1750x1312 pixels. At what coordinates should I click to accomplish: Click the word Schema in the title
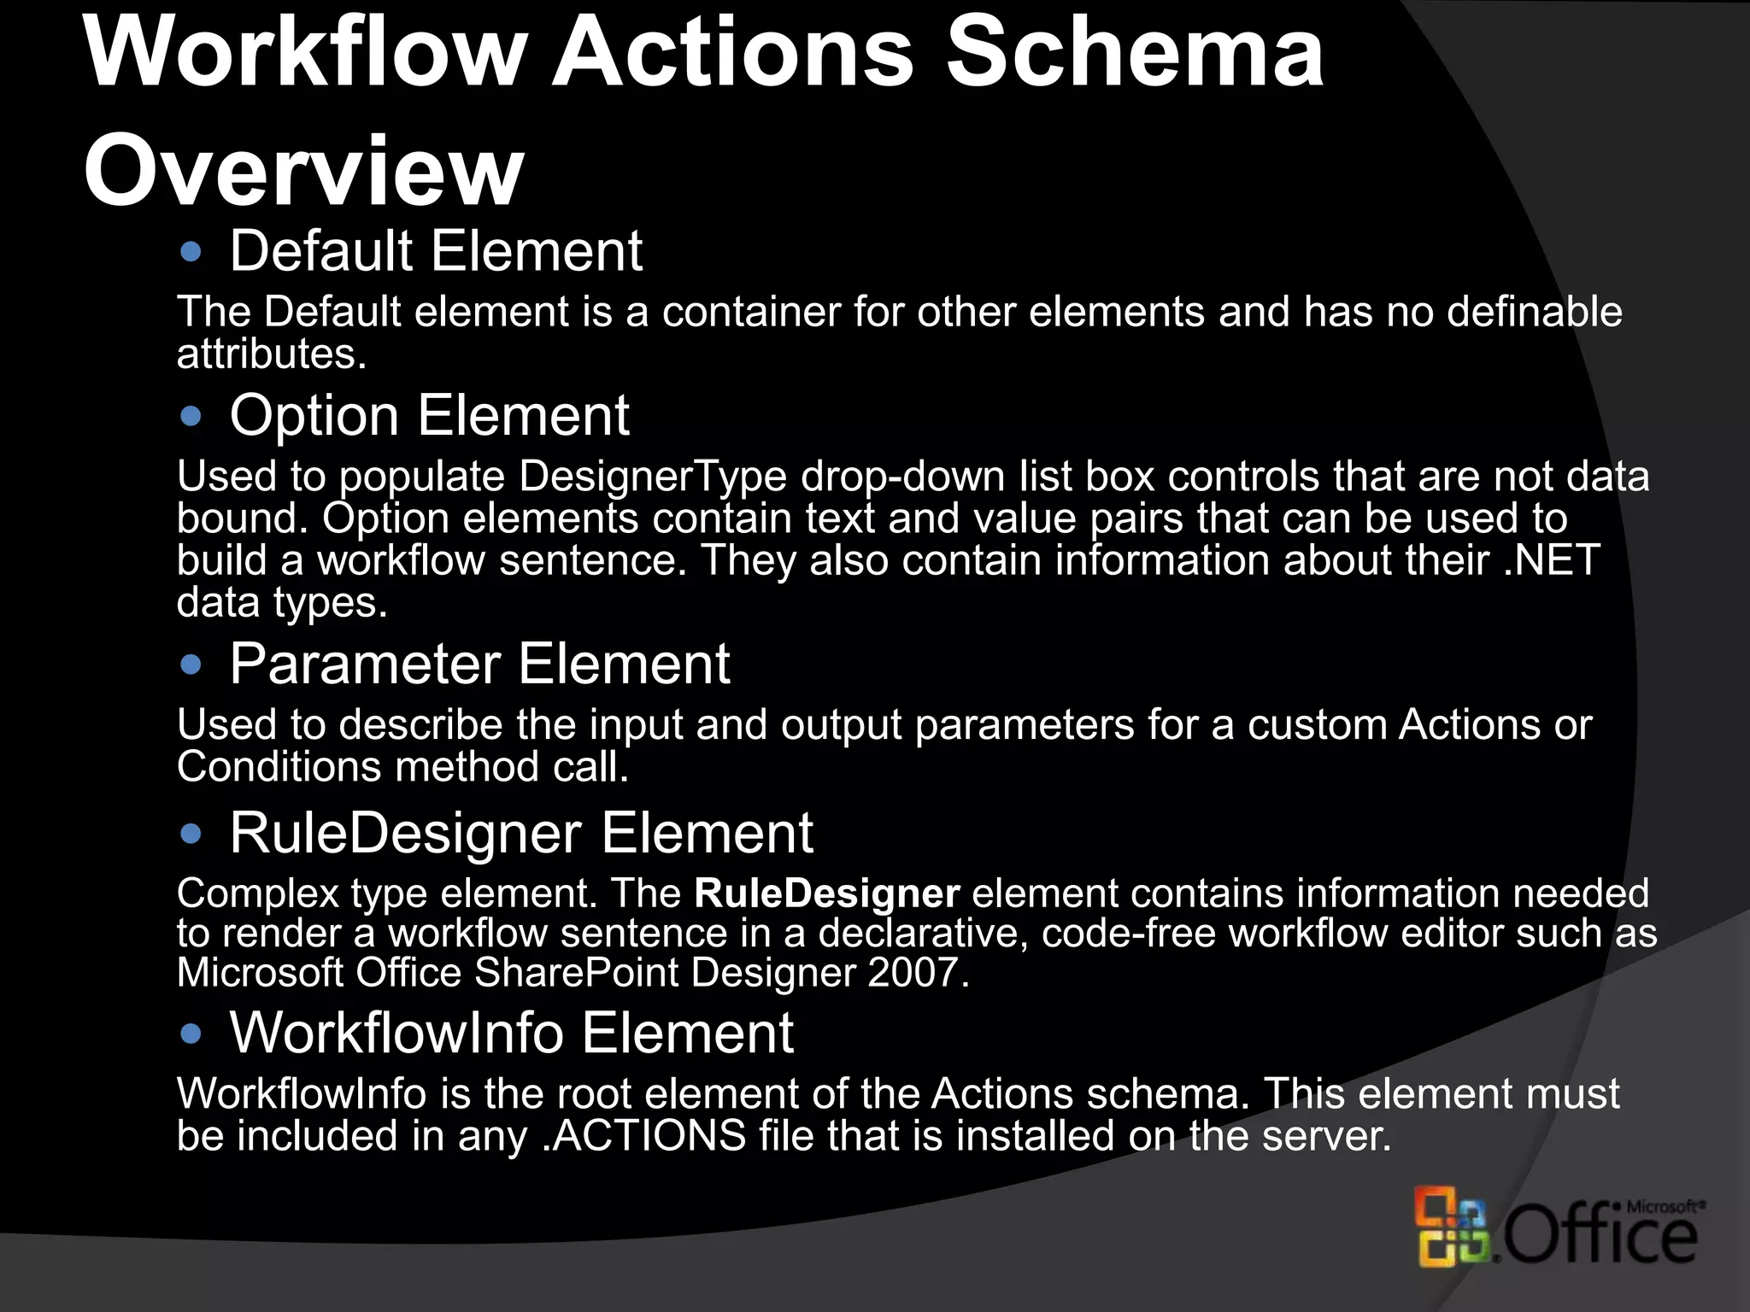[x=1136, y=53]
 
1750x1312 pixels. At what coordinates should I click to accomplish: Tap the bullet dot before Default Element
[x=191, y=252]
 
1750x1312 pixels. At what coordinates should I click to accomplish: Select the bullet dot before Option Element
[x=191, y=417]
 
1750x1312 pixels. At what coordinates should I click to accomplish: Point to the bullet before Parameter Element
[x=191, y=665]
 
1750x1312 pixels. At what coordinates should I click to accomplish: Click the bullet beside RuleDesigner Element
[x=191, y=834]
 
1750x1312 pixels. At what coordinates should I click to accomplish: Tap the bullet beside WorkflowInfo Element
[x=191, y=1034]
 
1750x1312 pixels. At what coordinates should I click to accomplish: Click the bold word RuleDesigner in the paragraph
[x=827, y=893]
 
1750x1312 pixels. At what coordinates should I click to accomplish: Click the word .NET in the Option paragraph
[x=1551, y=561]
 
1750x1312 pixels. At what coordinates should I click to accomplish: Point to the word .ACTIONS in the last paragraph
[x=644, y=1136]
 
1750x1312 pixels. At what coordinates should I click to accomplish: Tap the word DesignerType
[x=653, y=477]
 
